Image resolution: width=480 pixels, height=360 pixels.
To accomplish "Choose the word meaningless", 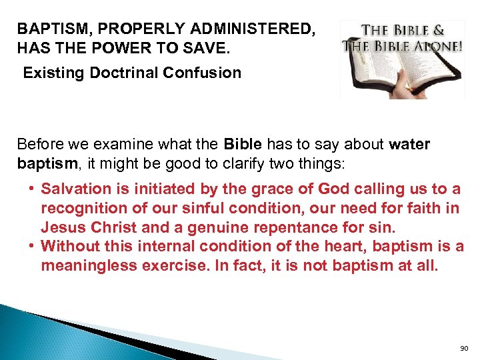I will coord(93,265).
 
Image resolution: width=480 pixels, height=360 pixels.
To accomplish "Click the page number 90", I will coord(465,348).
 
